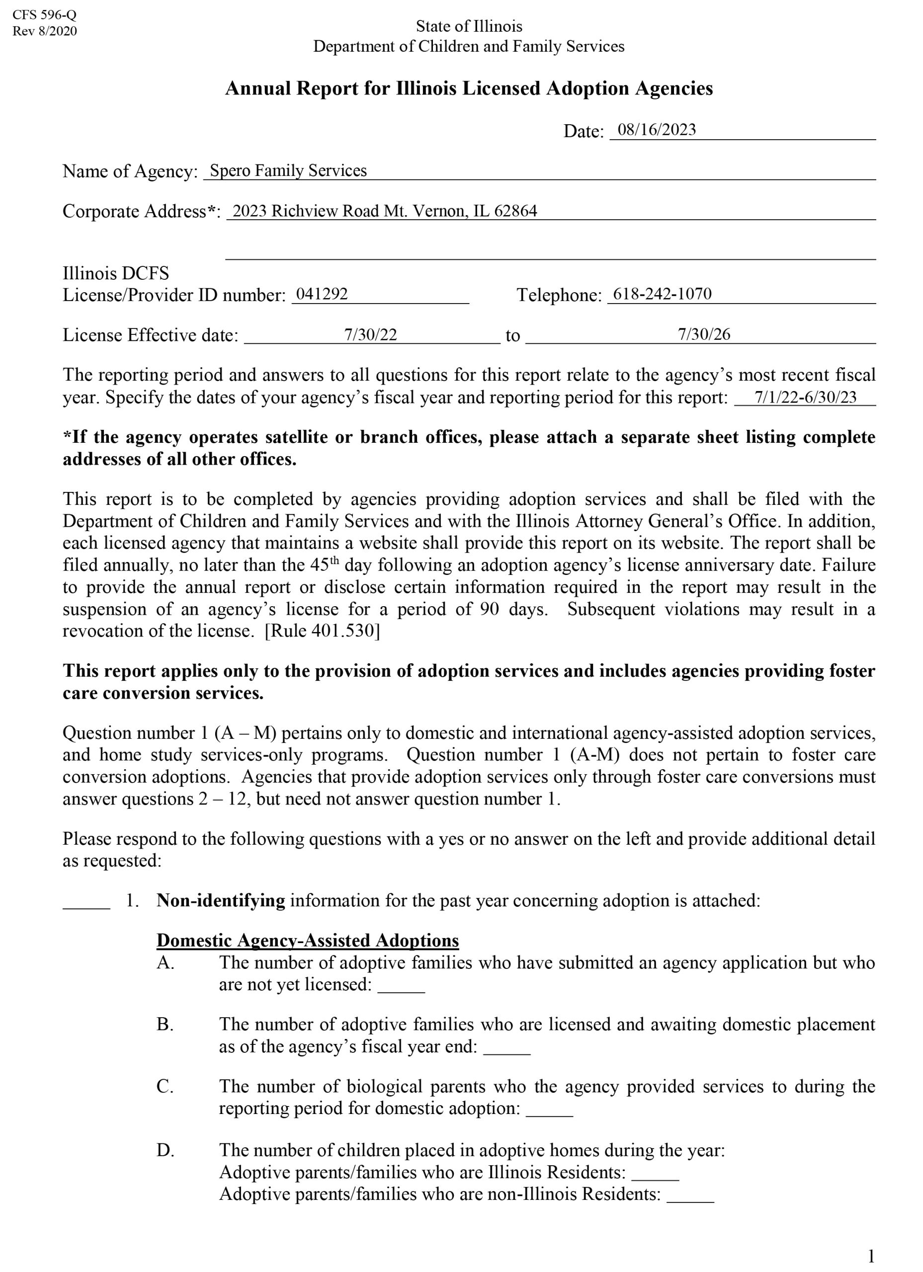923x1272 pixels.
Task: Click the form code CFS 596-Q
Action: coord(44,15)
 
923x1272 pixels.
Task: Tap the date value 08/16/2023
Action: coord(656,130)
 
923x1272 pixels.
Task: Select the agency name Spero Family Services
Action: coord(288,170)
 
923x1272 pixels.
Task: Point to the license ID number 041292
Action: coord(322,294)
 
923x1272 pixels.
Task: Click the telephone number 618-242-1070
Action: coord(662,294)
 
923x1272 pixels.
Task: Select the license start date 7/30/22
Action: coord(370,335)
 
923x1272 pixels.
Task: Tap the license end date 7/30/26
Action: coord(704,334)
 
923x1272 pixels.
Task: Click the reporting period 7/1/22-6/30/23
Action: coord(805,397)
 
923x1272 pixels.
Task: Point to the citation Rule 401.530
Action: coord(322,631)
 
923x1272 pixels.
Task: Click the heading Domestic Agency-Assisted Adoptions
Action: coord(308,941)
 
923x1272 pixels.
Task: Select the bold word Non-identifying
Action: coord(221,901)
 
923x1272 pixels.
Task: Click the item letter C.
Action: coord(165,1086)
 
